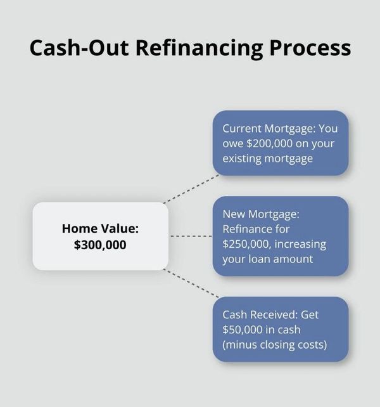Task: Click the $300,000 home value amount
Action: pyautogui.click(x=100, y=244)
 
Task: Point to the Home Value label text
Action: pyautogui.click(x=100, y=228)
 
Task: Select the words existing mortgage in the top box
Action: pyautogui.click(x=267, y=158)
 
